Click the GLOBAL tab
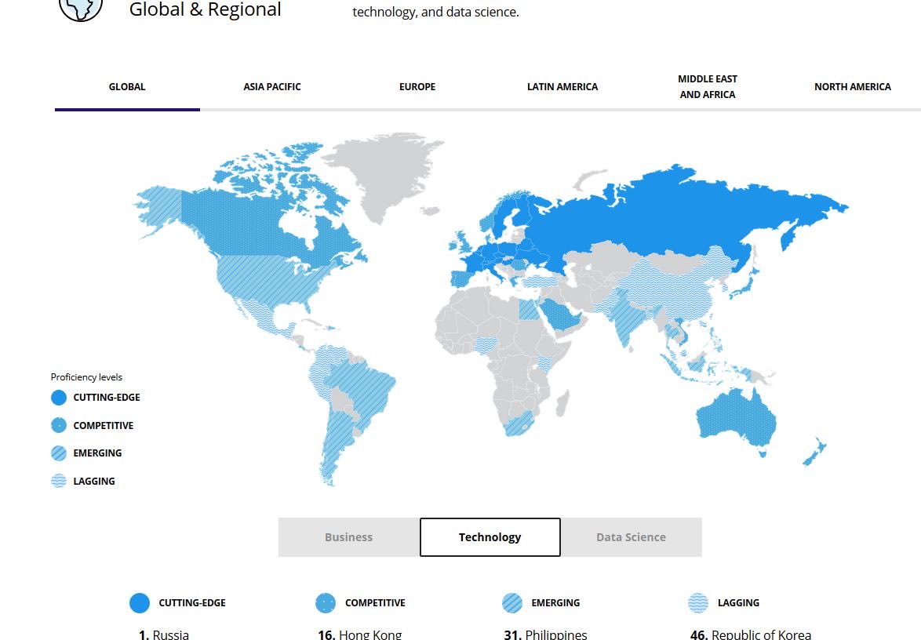pyautogui.click(x=127, y=87)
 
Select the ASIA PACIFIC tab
pyautogui.click(x=272, y=87)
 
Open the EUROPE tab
pyautogui.click(x=417, y=87)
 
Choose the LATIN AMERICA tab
pyautogui.click(x=562, y=87)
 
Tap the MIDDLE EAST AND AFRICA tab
pyautogui.click(x=708, y=87)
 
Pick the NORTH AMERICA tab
pyautogui.click(x=853, y=87)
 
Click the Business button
pyautogui.click(x=348, y=537)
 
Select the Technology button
pyautogui.click(x=490, y=537)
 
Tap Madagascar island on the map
pyautogui.click(x=562, y=404)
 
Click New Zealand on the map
pyautogui.click(x=814, y=453)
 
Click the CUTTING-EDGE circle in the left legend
pyautogui.click(x=59, y=398)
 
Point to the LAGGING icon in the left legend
pyautogui.click(x=59, y=482)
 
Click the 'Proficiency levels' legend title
pyautogui.click(x=86, y=377)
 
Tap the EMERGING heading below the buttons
pyautogui.click(x=555, y=603)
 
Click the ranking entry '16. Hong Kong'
pyautogui.click(x=360, y=635)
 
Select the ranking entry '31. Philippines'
pyautogui.click(x=546, y=635)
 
